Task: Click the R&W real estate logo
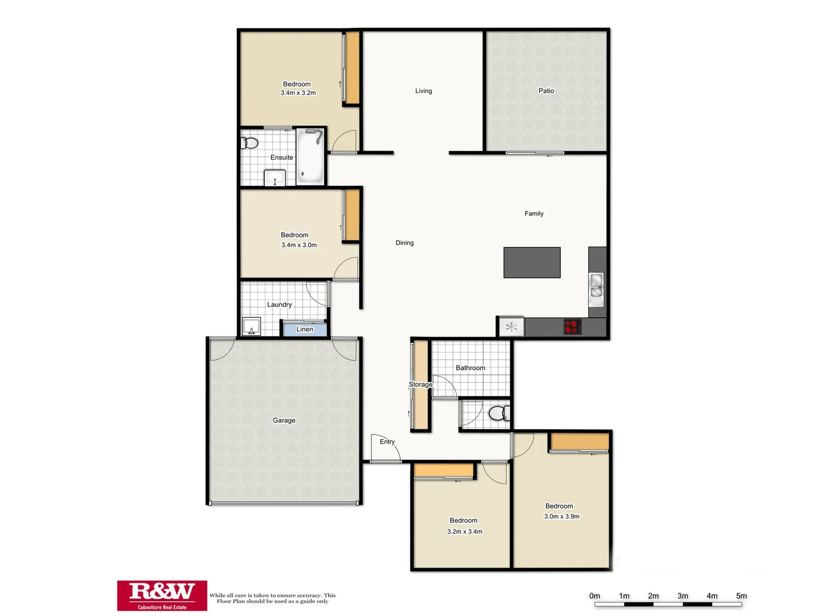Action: pos(162,595)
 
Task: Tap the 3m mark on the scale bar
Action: pos(682,596)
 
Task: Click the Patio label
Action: pos(546,91)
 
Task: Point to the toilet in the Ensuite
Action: pos(249,143)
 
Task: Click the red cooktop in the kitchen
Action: pos(572,327)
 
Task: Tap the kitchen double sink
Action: pos(596,286)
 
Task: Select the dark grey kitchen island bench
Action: pos(532,262)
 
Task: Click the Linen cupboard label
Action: pos(305,329)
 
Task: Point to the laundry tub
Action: pos(251,327)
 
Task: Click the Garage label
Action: pos(284,420)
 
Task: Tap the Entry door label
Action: pos(387,441)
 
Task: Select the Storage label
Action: pos(421,384)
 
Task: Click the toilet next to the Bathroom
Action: pos(499,413)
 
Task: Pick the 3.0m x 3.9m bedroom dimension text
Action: pos(562,517)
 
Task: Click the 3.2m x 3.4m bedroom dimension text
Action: pos(465,532)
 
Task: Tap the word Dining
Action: pos(405,243)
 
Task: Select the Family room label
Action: pos(534,214)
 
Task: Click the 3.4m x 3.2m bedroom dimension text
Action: pos(298,93)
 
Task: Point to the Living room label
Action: pos(423,91)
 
